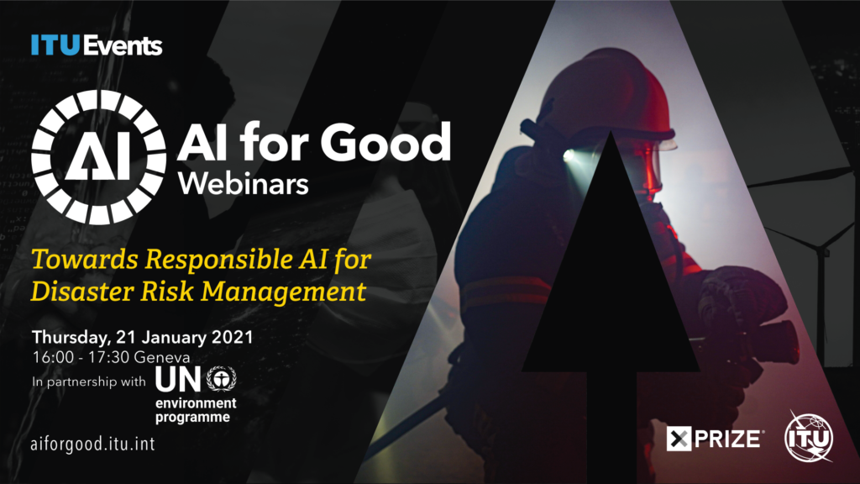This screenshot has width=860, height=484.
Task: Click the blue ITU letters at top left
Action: (55, 45)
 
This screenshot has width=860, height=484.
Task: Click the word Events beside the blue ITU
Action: (123, 45)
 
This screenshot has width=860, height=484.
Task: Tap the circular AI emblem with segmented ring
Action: (99, 157)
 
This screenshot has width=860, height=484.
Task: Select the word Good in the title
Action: (385, 141)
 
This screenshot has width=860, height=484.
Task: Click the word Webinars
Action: (244, 184)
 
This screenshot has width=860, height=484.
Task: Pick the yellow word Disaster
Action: (82, 291)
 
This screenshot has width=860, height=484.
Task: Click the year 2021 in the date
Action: (232, 336)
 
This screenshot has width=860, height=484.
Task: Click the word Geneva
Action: (162, 357)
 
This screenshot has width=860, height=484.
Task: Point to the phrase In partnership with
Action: (89, 381)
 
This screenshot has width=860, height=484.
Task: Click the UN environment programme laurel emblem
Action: (221, 379)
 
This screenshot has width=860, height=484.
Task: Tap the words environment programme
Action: (196, 410)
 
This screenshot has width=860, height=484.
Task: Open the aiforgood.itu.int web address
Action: (92, 444)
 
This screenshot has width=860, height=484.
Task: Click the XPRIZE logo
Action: (714, 439)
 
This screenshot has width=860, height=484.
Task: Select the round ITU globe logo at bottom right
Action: (810, 437)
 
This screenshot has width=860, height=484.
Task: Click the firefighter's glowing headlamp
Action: (569, 155)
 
